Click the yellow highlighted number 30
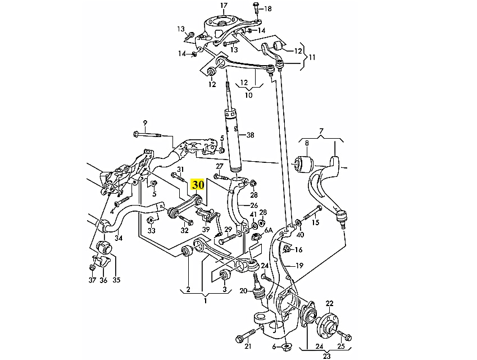click(198, 184)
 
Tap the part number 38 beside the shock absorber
click(251, 135)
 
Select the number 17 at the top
click(224, 6)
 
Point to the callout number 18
click(267, 8)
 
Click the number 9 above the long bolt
click(144, 124)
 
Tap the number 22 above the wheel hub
click(329, 303)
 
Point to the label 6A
click(269, 230)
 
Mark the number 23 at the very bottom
click(326, 356)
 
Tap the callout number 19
click(299, 266)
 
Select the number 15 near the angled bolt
click(315, 223)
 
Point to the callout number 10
click(248, 95)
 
